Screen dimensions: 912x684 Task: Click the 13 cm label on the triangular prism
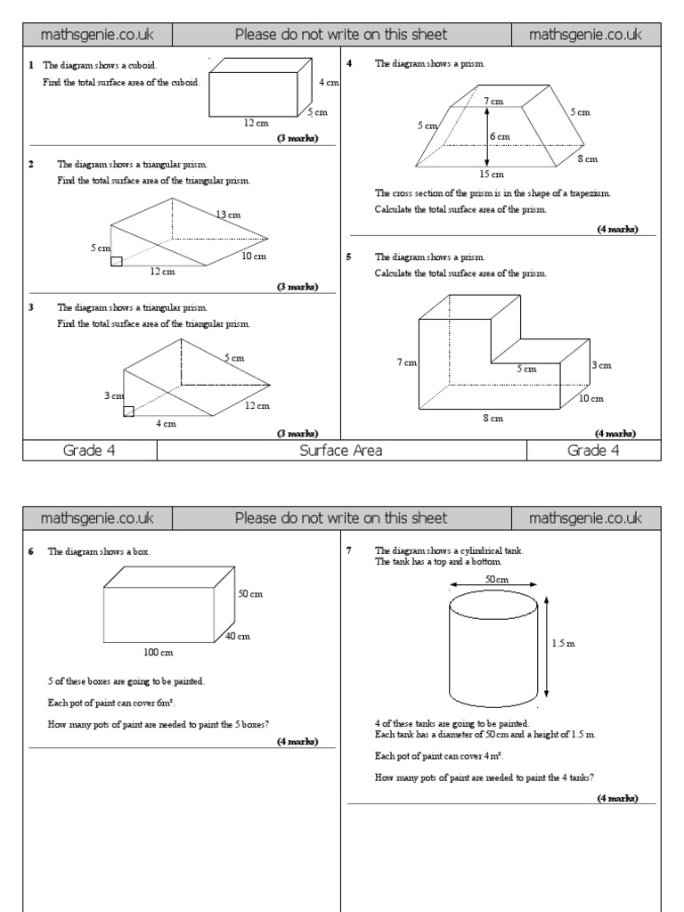(x=228, y=215)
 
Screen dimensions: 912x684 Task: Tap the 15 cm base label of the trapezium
(x=492, y=175)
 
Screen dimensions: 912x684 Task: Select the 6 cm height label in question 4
(x=500, y=136)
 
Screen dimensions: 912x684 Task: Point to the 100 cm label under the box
(x=159, y=653)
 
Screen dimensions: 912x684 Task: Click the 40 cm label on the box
(x=238, y=636)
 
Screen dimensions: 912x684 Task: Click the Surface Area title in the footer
(x=341, y=451)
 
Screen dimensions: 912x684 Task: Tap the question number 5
(x=349, y=256)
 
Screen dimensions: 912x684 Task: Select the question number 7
(x=349, y=550)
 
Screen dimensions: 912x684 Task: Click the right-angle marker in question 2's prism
(x=117, y=260)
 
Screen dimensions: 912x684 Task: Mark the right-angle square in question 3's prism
(x=128, y=411)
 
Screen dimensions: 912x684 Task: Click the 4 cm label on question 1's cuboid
(x=329, y=83)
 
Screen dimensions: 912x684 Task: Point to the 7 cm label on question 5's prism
(x=407, y=362)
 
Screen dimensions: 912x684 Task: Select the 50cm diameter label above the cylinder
(x=496, y=579)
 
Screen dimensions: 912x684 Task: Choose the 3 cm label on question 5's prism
(x=601, y=365)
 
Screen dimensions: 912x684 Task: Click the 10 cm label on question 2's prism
(x=254, y=256)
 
